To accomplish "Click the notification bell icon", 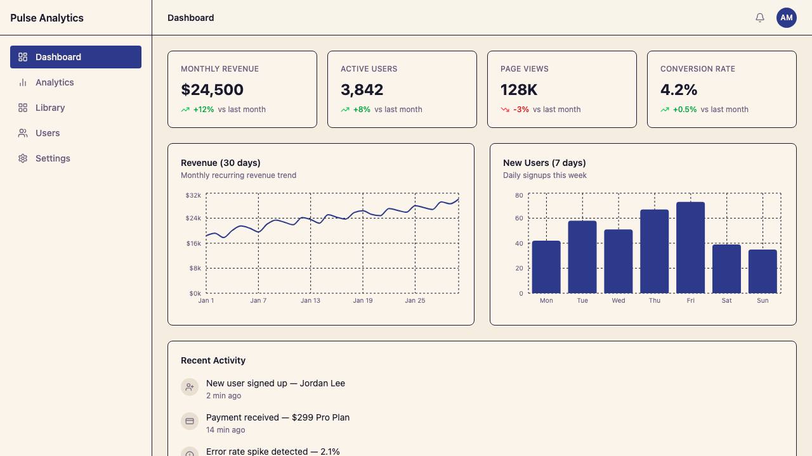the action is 760,18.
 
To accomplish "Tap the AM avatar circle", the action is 786,18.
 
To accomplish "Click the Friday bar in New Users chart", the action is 691,248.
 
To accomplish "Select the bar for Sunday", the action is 763,272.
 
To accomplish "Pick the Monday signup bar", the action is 546,267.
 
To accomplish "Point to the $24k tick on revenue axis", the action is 193,218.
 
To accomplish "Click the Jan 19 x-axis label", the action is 363,300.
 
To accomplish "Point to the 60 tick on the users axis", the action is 519,218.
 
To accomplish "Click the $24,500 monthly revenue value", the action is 212,90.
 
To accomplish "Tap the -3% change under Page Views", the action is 521,110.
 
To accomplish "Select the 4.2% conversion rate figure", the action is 679,90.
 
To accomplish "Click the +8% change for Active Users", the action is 362,110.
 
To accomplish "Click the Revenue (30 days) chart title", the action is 220,163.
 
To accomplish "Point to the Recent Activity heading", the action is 213,360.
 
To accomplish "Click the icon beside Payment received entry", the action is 190,421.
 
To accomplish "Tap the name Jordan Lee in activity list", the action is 322,383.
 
